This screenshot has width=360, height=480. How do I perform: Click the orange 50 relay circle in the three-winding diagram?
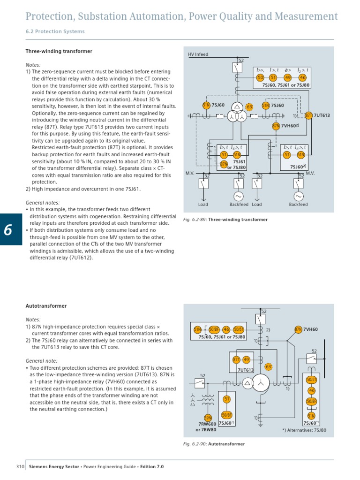[x=260, y=78]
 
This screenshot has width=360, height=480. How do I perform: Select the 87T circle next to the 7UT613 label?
[x=309, y=115]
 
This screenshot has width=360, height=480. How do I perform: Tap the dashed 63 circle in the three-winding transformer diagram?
[x=250, y=107]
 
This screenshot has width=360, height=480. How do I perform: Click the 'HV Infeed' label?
[x=198, y=54]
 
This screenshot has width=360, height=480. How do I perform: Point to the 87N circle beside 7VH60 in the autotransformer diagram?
[x=299, y=329]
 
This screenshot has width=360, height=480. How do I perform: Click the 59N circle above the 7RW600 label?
[x=208, y=418]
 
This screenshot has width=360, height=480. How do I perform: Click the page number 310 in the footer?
[x=20, y=467]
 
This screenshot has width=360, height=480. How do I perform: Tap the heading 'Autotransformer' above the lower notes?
[x=46, y=306]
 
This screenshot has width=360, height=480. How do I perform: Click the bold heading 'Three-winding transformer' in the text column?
[x=59, y=51]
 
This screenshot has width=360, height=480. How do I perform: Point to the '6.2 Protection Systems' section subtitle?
[x=55, y=31]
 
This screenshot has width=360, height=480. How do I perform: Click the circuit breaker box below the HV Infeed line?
[x=237, y=68]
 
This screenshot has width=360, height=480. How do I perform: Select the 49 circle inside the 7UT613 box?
[x=247, y=360]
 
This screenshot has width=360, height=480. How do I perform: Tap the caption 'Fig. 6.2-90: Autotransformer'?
[x=213, y=444]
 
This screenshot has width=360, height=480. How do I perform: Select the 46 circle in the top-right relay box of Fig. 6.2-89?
[x=302, y=78]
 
